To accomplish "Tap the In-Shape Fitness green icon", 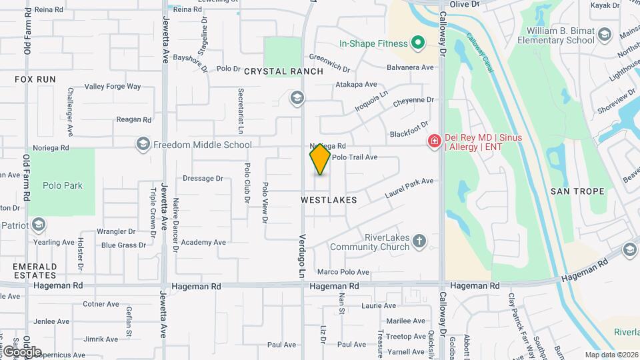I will click(x=418, y=44).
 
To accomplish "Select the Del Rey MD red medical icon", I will click(x=434, y=141).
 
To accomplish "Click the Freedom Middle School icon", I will click(x=143, y=144).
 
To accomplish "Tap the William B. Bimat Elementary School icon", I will click(x=605, y=35).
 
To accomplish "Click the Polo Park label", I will click(x=63, y=185).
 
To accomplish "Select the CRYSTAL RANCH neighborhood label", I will click(x=283, y=71).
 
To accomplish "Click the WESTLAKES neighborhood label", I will click(x=329, y=200).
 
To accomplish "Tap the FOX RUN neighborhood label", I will click(x=35, y=79).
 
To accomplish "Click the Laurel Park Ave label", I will click(x=409, y=188).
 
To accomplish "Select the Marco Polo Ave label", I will click(x=343, y=272).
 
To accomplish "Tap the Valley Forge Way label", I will click(x=113, y=87).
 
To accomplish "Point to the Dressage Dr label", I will click(x=203, y=179).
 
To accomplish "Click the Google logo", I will click(x=21, y=352).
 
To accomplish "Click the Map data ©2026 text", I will click(x=611, y=355).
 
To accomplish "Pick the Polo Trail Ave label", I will click(x=355, y=157).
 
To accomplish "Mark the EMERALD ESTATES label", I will click(x=34, y=271).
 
